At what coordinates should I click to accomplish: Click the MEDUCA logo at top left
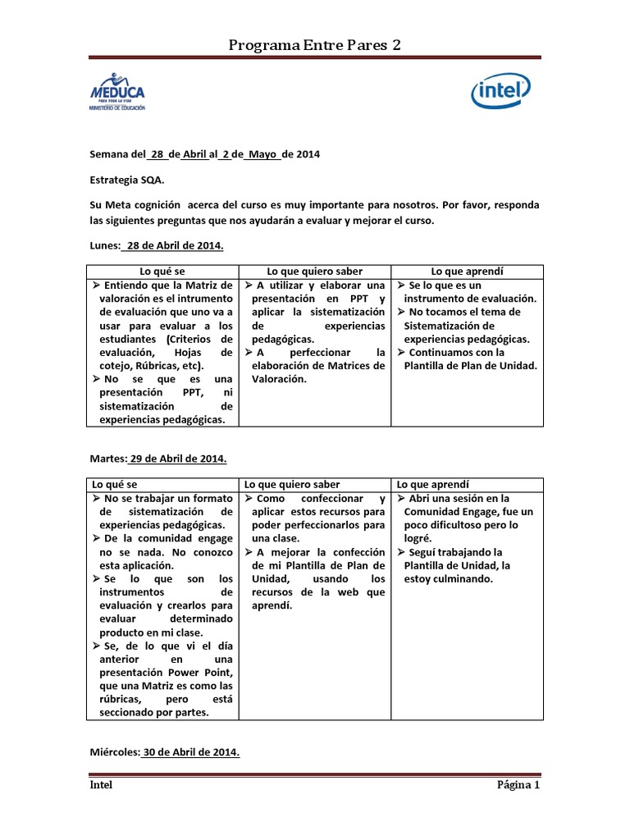click(x=117, y=92)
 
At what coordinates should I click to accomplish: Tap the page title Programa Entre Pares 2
click(x=315, y=44)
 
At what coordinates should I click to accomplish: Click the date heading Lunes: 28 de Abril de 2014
click(x=157, y=245)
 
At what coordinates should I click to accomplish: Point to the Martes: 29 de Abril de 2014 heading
click(x=158, y=459)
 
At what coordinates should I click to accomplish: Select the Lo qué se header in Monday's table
click(x=162, y=271)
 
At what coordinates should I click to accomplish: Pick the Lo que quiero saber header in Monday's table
click(x=314, y=271)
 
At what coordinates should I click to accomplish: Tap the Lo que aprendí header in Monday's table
click(x=467, y=271)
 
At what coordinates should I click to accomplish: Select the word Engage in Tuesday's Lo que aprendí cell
click(x=477, y=512)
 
